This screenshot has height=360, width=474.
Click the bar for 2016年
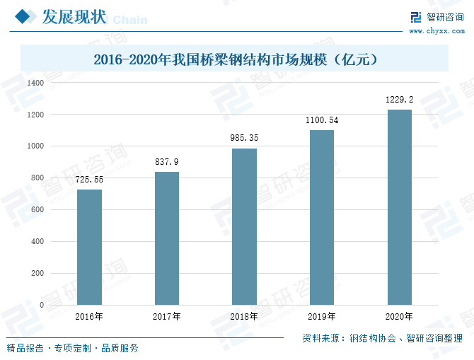tap(89, 247)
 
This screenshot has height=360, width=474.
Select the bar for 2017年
tap(167, 238)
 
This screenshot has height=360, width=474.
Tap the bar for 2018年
tap(244, 226)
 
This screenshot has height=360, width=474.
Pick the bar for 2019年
tap(322, 217)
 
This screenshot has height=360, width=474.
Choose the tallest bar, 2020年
tap(399, 207)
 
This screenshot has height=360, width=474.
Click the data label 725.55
tap(89, 180)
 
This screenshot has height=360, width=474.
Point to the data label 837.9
tap(167, 162)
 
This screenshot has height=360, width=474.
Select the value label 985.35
tap(244, 139)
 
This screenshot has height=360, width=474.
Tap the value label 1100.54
tap(322, 120)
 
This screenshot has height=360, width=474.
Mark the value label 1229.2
tap(399, 100)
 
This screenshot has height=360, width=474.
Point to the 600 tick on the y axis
tap(37, 210)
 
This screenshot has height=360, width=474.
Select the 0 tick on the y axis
tap(42, 306)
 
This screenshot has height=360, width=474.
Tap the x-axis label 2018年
tap(244, 316)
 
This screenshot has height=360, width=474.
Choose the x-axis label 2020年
tap(399, 316)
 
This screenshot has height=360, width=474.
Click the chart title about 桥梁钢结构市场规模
tap(236, 60)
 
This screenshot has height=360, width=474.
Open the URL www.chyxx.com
tap(435, 31)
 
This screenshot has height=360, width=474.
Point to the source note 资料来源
tap(383, 338)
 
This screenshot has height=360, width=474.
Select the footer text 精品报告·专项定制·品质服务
tap(73, 348)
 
